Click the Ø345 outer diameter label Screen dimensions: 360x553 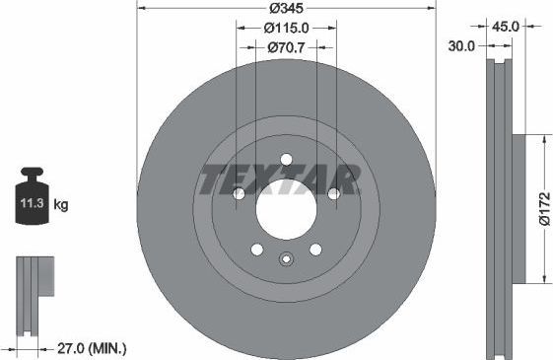pos(285,9)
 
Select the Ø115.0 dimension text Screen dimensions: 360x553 pos(285,29)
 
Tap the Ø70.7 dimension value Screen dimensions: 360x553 pos(285,47)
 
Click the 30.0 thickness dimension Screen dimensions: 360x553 pos(462,46)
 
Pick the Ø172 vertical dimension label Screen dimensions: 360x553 pos(543,210)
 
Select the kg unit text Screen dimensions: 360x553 pos(60,205)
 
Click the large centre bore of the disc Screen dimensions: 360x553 pos(286,210)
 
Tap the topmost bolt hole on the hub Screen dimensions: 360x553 pos(286,160)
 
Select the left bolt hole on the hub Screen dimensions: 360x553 pos(239,194)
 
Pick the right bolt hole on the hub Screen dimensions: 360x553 pos(333,194)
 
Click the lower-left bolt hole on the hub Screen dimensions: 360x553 pos(256,250)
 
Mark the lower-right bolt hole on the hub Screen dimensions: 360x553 pos(315,250)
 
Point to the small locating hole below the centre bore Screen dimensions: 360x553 pos(286,260)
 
